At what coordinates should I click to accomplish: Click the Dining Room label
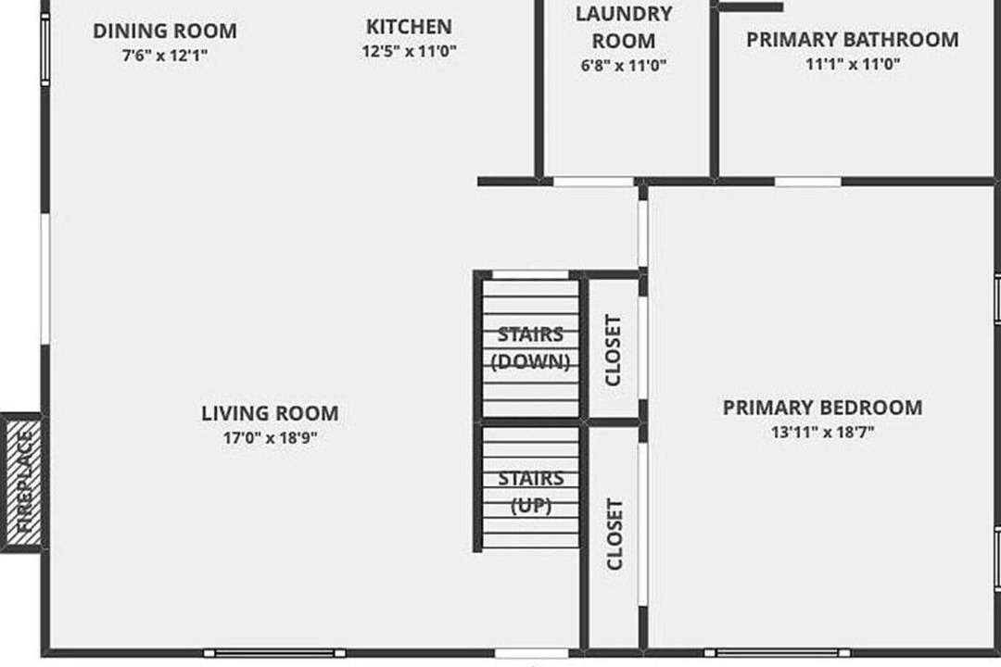point(165,31)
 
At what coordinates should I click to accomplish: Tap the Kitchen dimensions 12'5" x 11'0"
point(410,51)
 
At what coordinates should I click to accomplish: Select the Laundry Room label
point(624,27)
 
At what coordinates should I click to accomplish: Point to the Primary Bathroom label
point(853,40)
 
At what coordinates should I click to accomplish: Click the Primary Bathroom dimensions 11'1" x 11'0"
point(853,64)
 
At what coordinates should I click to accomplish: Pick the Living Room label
point(270,413)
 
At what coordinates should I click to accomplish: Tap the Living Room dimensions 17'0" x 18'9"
point(270,438)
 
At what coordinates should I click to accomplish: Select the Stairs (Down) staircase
point(530,349)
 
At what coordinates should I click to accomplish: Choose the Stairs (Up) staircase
point(530,487)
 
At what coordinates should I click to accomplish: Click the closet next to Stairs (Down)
point(613,349)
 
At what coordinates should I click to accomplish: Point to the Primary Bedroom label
point(822,408)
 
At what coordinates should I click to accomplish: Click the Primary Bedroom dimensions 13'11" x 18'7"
point(822,432)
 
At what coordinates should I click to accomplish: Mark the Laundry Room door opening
point(593,182)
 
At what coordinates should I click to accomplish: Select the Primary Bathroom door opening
point(807,182)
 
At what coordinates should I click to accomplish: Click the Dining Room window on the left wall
point(45,48)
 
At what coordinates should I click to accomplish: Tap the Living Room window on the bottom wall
point(274,653)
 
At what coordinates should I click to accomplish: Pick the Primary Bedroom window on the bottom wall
point(777,653)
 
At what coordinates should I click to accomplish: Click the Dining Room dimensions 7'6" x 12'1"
point(165,56)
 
